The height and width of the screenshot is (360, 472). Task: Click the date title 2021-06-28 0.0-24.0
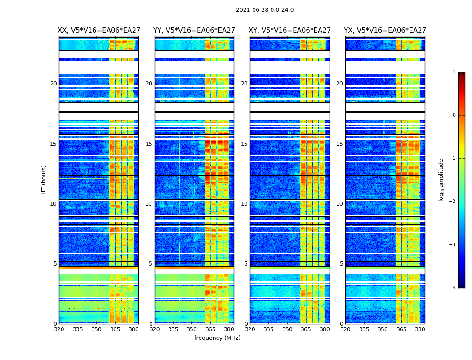coord(265,10)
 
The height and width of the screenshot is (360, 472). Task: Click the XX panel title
coord(99,31)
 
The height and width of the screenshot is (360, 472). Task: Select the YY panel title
coord(194,31)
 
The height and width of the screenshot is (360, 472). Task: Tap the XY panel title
coord(290,31)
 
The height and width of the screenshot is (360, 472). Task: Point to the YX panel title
coord(385,31)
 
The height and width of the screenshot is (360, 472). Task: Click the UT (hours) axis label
coord(44,180)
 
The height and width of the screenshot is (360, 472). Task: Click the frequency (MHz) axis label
coord(217,338)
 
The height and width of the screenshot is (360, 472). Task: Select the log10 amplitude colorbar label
coord(441,180)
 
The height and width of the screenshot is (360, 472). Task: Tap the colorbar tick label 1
coord(454,72)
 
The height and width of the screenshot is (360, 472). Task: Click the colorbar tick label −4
coord(453,288)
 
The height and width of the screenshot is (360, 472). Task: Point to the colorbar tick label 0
coord(454,115)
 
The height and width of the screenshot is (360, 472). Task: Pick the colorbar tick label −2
coord(453,202)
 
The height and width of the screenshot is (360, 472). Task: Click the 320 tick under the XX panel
coord(59,329)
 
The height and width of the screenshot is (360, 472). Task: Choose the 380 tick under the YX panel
coord(420,329)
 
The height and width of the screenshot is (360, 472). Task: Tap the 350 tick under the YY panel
coord(192,329)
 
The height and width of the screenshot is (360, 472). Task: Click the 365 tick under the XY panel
coord(306,329)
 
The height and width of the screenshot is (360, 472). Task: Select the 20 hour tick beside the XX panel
coord(53,84)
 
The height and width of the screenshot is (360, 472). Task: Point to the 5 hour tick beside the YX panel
coord(342,264)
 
